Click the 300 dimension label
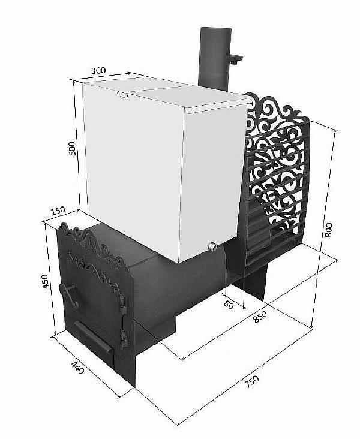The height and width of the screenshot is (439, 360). (98, 70)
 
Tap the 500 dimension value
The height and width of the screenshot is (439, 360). (73, 148)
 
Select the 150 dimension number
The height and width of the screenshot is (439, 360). (58, 211)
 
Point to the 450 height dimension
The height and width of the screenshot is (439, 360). (44, 282)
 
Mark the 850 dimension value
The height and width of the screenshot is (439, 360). (259, 317)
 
